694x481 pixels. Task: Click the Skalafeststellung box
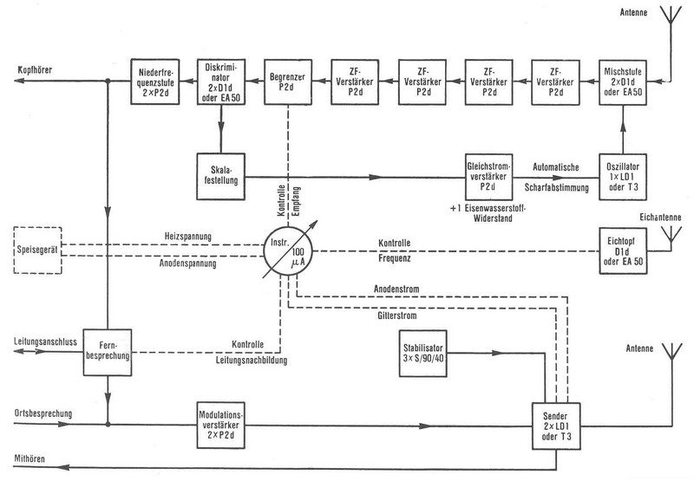coord(221,173)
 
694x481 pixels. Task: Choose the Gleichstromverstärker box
coord(488,175)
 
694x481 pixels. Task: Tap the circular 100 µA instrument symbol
coord(288,251)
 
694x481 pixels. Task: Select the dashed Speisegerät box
coord(36,251)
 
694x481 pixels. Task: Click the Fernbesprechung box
coord(106,352)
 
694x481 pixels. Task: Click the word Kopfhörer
coord(37,81)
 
